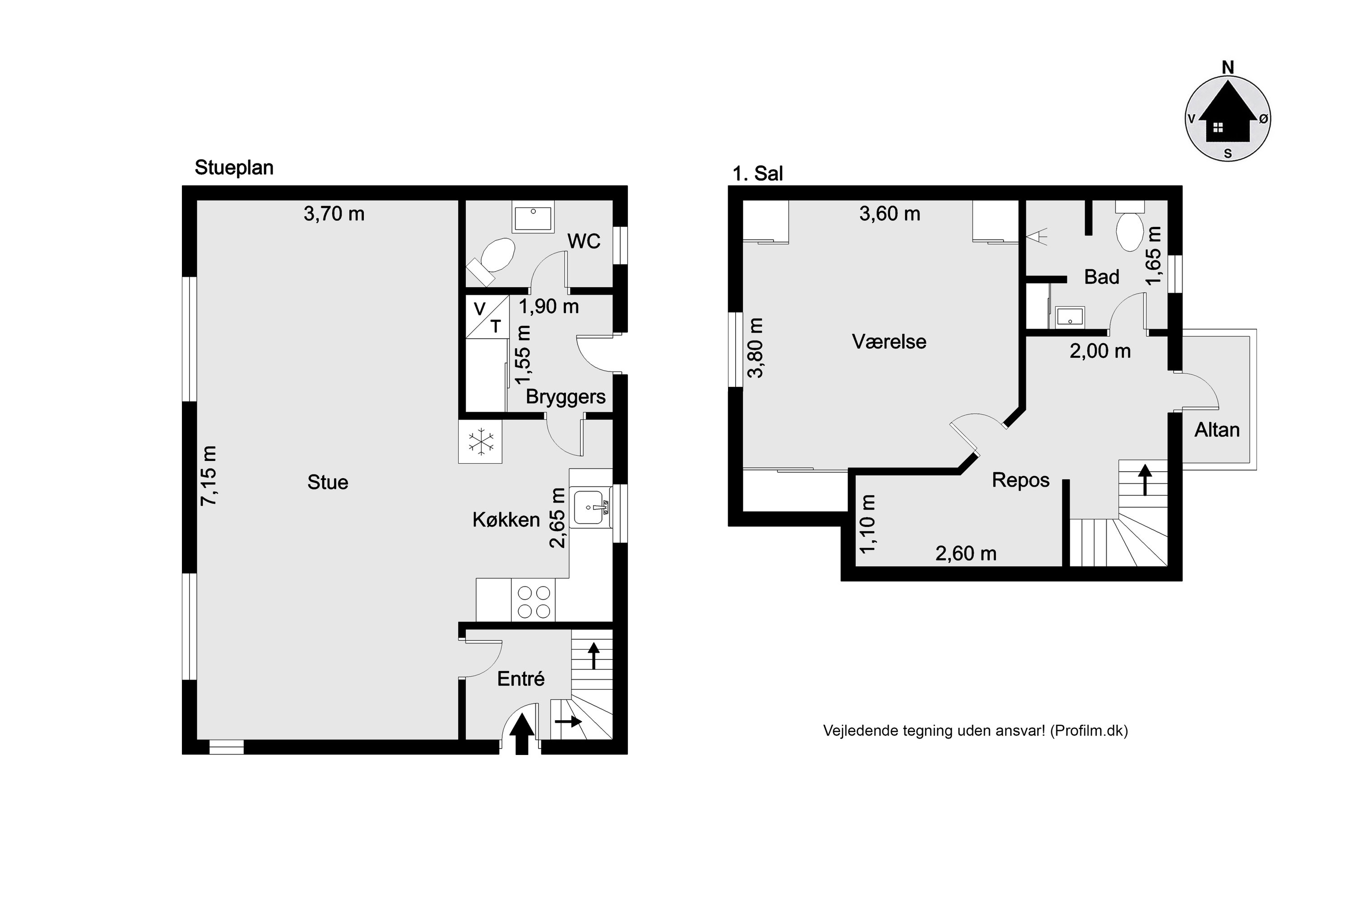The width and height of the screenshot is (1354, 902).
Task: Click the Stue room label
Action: (x=328, y=482)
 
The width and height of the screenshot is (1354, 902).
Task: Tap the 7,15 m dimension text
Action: (x=209, y=476)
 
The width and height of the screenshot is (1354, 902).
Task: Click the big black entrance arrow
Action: (x=522, y=733)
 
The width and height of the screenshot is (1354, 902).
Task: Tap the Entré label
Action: (x=520, y=679)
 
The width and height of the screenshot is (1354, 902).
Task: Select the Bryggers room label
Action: (x=566, y=397)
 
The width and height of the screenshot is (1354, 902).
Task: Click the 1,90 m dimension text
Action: (x=549, y=307)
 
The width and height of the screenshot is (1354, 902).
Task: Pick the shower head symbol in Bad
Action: (x=1037, y=236)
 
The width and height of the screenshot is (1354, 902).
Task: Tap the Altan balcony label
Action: (x=1216, y=430)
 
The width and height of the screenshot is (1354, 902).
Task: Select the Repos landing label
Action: (x=1020, y=480)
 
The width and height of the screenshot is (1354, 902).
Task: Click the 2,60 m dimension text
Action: (x=966, y=553)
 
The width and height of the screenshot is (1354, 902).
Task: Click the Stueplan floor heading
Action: (x=234, y=168)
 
